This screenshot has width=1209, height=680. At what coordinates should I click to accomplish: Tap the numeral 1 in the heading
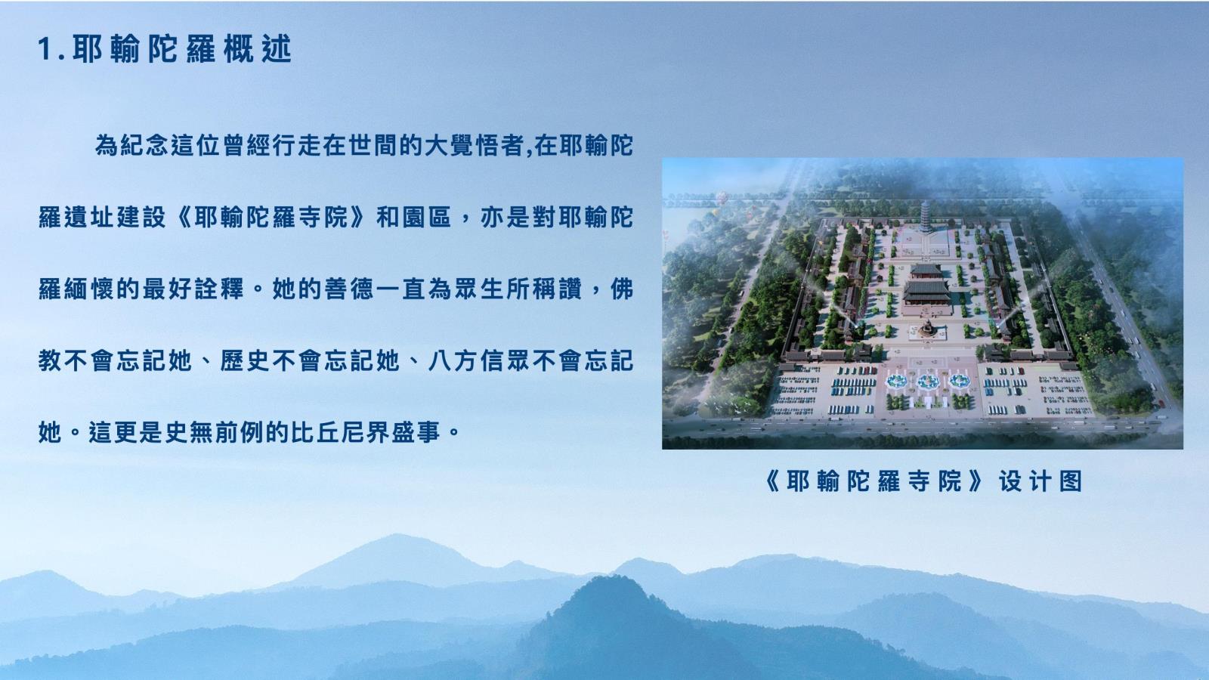[x=45, y=50]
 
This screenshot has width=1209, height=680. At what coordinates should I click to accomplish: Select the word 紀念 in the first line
[x=144, y=146]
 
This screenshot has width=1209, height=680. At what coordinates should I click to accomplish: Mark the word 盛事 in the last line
[x=416, y=432]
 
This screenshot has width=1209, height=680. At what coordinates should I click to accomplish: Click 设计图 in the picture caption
[x=1040, y=481]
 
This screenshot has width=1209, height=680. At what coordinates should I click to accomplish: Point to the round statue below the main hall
[x=927, y=328]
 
